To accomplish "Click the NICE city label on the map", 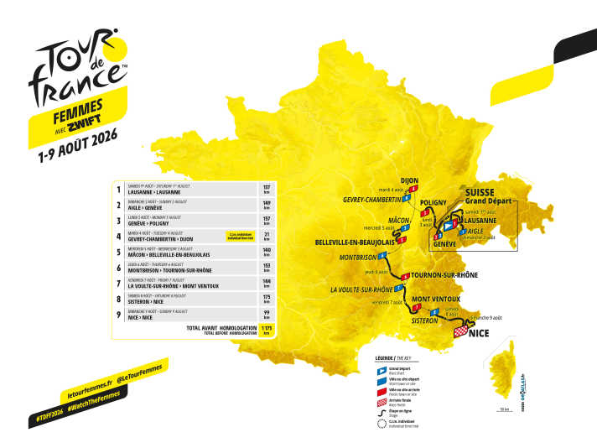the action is click(480, 333).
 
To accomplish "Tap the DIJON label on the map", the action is click(409, 180).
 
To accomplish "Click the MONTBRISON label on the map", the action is click(359, 258).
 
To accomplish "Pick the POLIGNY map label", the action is click(433, 202).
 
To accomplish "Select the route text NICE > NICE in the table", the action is click(145, 315).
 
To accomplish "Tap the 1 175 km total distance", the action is click(267, 328).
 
